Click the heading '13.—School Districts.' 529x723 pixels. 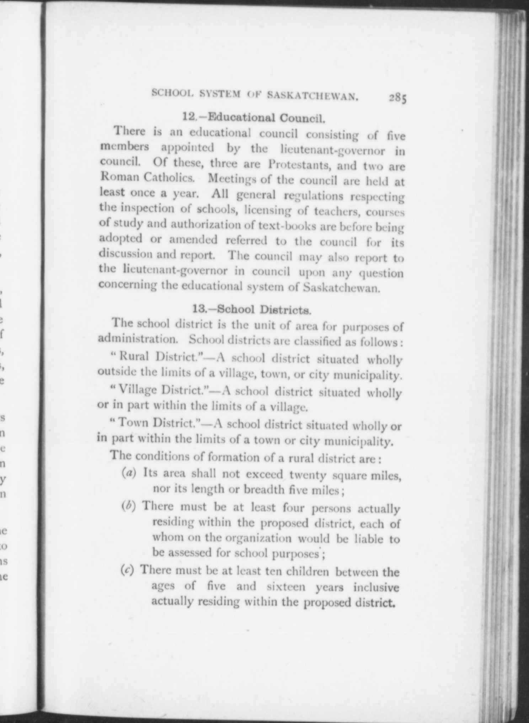point(252,309)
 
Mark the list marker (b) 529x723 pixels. point(129,506)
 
